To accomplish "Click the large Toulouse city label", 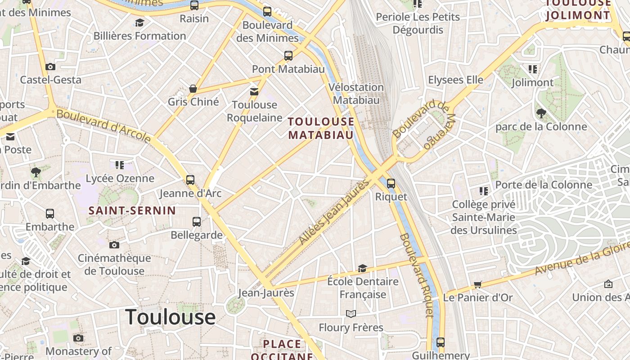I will coord(171,317).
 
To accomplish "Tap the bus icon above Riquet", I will coord(391,183).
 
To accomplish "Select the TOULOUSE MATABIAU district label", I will coord(321,128).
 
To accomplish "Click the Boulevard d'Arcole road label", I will coord(103,126).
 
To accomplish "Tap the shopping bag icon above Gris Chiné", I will coord(193,89).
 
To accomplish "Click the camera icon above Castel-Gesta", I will coord(50,67).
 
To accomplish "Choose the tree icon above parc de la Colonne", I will coord(541,113).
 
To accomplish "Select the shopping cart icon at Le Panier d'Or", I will coord(477,284).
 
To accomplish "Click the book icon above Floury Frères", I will coord(351,314).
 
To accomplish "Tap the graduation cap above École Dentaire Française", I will coord(362,269).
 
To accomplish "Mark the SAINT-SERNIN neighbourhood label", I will coord(132,210).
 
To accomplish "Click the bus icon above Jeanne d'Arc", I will coord(190,180).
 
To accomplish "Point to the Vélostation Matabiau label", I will coord(356,94).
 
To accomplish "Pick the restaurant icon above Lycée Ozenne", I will coord(119,165).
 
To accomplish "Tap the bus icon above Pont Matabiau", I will coord(288,56).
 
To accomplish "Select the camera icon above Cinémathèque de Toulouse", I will coord(114,245).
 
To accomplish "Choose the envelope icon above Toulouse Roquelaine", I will coord(254,92).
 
